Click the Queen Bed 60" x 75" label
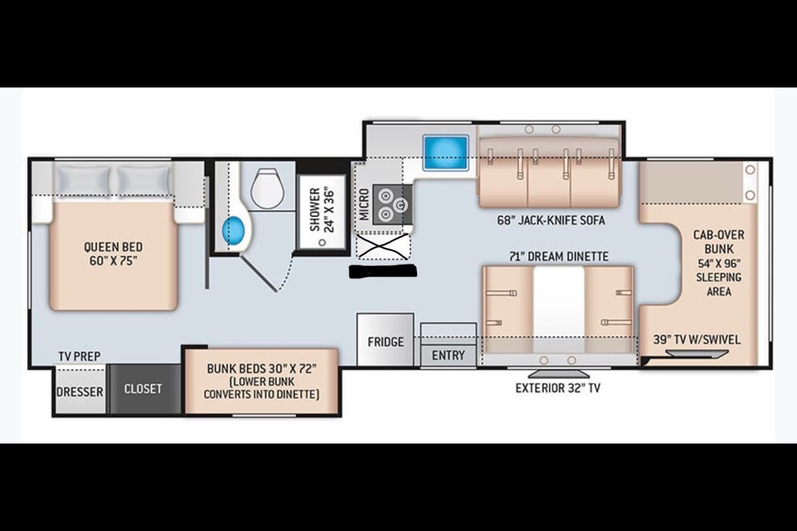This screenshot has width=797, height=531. coord(113,253)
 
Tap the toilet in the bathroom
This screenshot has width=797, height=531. coord(267,188)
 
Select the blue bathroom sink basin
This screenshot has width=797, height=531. coord(234,231)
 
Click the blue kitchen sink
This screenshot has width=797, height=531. coord(446,153)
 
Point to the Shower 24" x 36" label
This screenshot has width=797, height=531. coord(322,210)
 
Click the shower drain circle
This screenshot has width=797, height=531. coord(322,243)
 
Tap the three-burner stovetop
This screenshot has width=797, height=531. coord(392,205)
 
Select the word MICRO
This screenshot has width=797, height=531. coord(364,204)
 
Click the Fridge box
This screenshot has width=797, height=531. coord(385,340)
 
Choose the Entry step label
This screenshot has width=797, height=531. coord(448,355)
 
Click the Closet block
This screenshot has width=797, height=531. coord(143,389)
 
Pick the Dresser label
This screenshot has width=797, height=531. coord(80,392)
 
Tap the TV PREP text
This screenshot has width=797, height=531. coord(80,356)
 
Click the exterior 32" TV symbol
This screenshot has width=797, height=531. coord(559,374)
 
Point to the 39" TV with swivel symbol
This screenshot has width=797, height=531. coord(697,353)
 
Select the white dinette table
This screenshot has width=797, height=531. coord(559,310)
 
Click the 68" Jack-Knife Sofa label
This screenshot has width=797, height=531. coord(551,220)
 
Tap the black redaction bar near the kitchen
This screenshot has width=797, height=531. coord(383,271)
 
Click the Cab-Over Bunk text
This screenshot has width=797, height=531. coord(719,242)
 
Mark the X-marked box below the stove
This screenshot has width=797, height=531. coord(383,246)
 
